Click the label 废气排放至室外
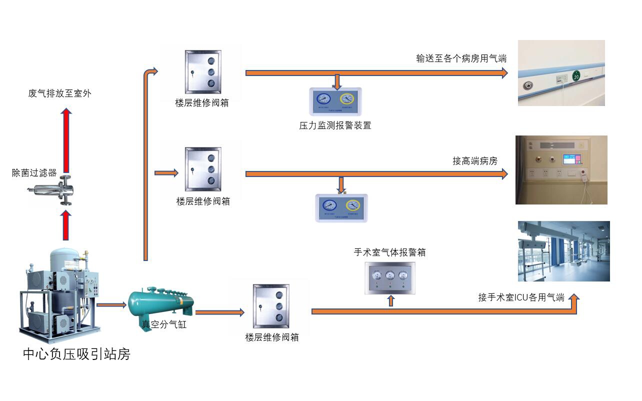coord(60,93)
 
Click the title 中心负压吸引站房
coord(76,354)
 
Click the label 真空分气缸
coord(163,324)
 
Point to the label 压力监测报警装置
coord(335,125)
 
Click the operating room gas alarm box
coord(389,277)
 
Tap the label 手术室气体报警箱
coord(389,252)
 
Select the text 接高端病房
coord(475,161)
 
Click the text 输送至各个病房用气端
coord(461,58)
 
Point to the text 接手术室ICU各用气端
coord(521,297)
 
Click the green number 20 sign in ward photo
coord(576,76)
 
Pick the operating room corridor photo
coord(563,251)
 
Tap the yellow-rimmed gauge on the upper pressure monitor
coord(347,98)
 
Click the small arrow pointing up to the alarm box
coord(391,300)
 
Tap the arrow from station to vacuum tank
coord(111,304)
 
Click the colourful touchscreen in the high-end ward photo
coord(570,159)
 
